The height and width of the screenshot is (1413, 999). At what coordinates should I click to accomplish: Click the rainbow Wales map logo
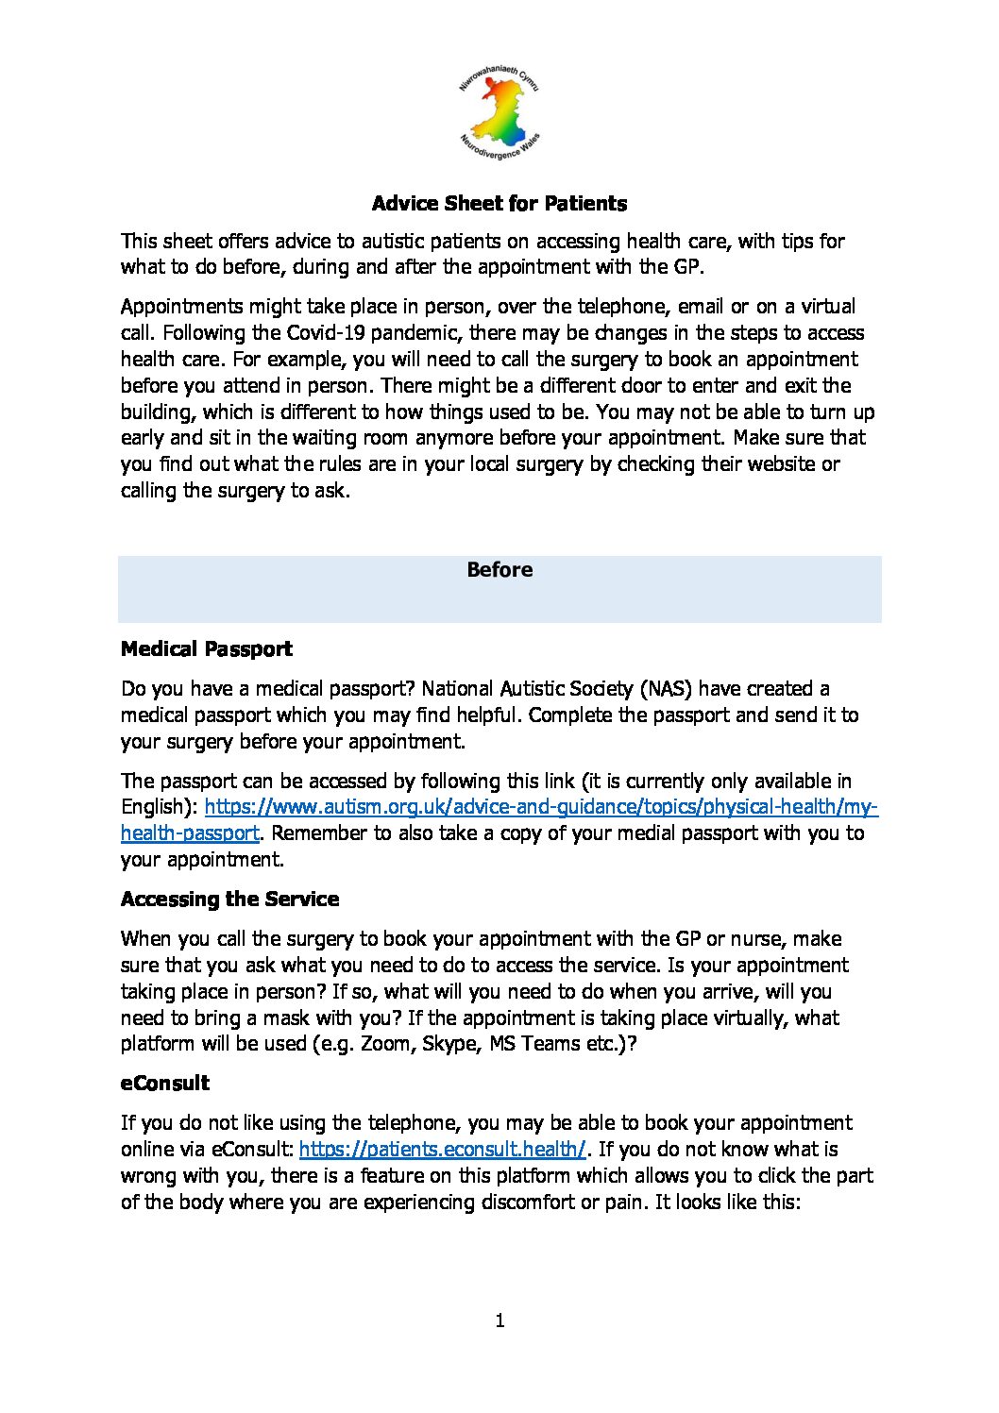click(x=499, y=115)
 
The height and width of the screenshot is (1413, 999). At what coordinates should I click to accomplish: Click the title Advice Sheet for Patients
click(x=499, y=204)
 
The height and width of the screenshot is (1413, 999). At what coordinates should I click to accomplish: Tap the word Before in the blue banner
click(x=499, y=570)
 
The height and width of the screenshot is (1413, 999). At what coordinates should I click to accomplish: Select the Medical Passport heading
click(x=207, y=649)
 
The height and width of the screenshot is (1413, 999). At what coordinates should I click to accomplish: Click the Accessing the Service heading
click(x=229, y=900)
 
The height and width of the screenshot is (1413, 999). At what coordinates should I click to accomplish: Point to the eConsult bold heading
click(x=165, y=1084)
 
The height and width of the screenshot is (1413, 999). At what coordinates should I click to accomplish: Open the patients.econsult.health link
click(x=442, y=1150)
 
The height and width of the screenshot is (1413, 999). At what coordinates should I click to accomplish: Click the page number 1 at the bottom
click(x=499, y=1320)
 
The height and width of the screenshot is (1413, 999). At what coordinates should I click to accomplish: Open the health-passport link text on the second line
click(x=189, y=833)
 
